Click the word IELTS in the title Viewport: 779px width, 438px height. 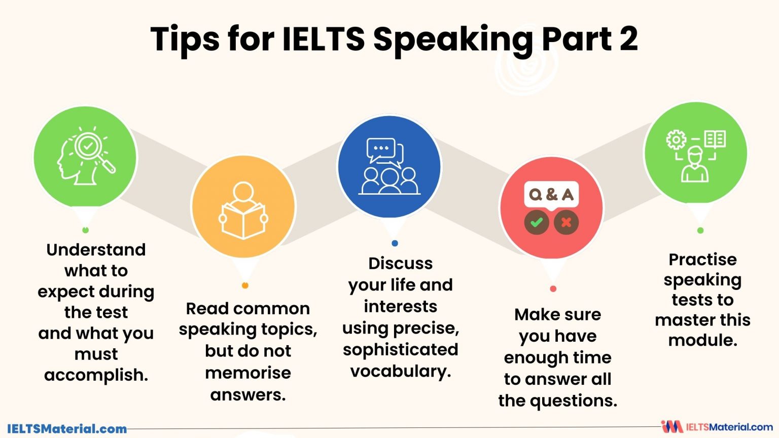(323, 39)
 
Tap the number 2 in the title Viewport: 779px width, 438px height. (628, 39)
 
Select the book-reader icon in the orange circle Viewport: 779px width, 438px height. (243, 210)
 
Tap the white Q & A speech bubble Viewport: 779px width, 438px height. (551, 194)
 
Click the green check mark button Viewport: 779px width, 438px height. (537, 222)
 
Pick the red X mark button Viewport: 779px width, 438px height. (566, 222)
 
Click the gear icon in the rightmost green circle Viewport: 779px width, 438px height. (676, 139)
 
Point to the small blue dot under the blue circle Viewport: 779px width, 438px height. (395, 243)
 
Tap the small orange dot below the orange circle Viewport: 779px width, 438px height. (245, 285)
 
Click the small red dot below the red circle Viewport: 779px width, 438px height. (553, 289)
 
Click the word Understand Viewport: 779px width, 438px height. (96, 250)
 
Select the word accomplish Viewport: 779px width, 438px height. (96, 375)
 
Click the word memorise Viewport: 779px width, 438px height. (248, 373)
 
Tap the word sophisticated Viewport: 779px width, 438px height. (400, 350)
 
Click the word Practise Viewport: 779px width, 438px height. (702, 260)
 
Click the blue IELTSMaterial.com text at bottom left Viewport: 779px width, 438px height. (67, 429)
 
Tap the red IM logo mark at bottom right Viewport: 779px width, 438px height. (671, 427)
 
